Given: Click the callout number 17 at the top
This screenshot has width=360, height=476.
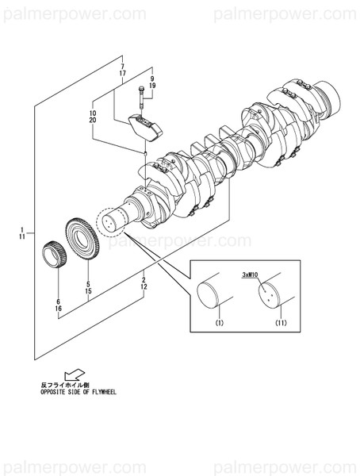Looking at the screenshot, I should click(122, 73).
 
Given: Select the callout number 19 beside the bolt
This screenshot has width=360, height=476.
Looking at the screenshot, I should click(151, 84).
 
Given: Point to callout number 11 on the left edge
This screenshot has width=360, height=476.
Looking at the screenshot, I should click(23, 236).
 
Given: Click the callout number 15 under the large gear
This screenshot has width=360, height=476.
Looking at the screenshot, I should click(88, 292).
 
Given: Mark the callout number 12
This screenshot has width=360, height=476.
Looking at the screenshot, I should click(143, 288).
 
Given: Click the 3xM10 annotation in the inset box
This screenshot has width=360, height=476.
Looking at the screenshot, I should click(251, 274).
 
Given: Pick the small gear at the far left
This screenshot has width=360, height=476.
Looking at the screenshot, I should click(52, 255).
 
